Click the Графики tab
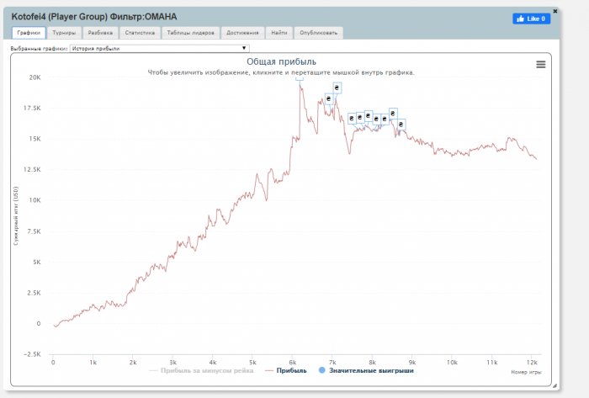pos(29,33)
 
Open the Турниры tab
pos(63,33)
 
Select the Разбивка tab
pos(99,33)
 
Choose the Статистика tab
pos(140,33)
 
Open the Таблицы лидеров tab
pos(190,33)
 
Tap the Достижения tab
pos(243,33)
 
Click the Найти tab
pos(279,33)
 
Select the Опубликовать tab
pos(319,33)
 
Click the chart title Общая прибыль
pos(281,62)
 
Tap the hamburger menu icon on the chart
pos(541,64)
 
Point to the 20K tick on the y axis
pos(34,77)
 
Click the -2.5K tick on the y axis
pos(32,354)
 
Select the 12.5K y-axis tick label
pos(32,169)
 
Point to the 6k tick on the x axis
pos(292,363)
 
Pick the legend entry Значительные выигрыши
pos(370,370)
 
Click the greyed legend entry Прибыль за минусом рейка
pos(204,370)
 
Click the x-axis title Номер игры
pos(526,371)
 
